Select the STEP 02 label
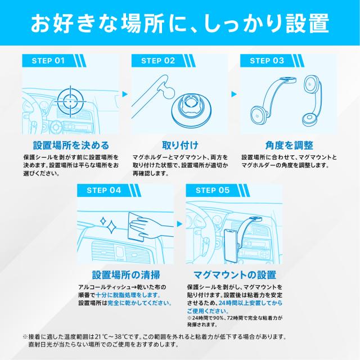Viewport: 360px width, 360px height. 157,60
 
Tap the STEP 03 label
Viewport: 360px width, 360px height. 267,60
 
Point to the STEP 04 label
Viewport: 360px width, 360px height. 102,190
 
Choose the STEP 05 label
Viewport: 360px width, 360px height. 212,190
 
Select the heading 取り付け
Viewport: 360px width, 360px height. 179,145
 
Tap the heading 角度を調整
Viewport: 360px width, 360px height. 288,145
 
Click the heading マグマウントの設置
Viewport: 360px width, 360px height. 235,275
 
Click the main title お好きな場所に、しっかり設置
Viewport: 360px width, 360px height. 179,24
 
